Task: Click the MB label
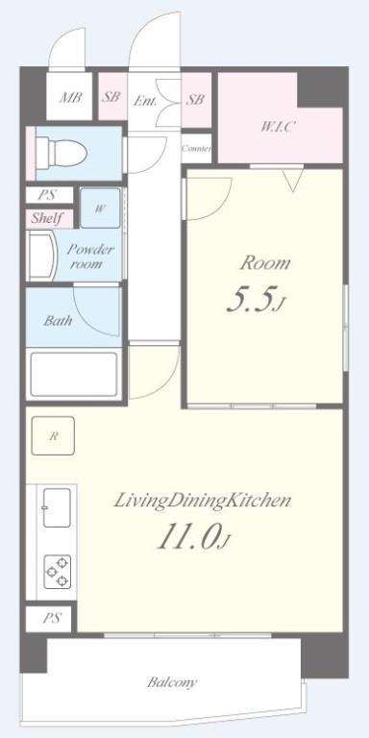70,97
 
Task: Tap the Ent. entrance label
144,100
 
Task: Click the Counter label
196,149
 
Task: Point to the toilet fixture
61,152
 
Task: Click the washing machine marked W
100,209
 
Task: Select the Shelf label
47,218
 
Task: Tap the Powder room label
90,256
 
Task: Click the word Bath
58,321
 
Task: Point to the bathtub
74,374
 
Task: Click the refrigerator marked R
53,436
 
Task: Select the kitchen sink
57,507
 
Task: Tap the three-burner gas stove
58,572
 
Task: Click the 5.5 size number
253,301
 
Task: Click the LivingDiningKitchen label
202,501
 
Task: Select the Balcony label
172,682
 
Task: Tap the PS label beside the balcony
51,618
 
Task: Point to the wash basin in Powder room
41,256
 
